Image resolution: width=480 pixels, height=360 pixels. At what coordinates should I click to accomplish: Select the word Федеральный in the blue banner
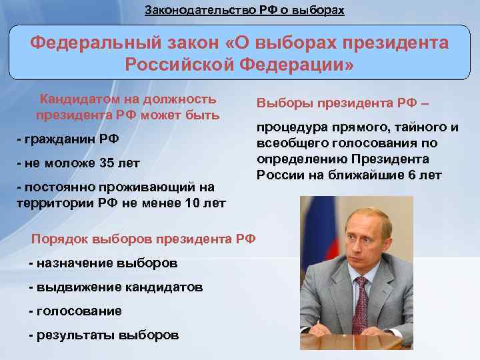pos(89,44)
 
